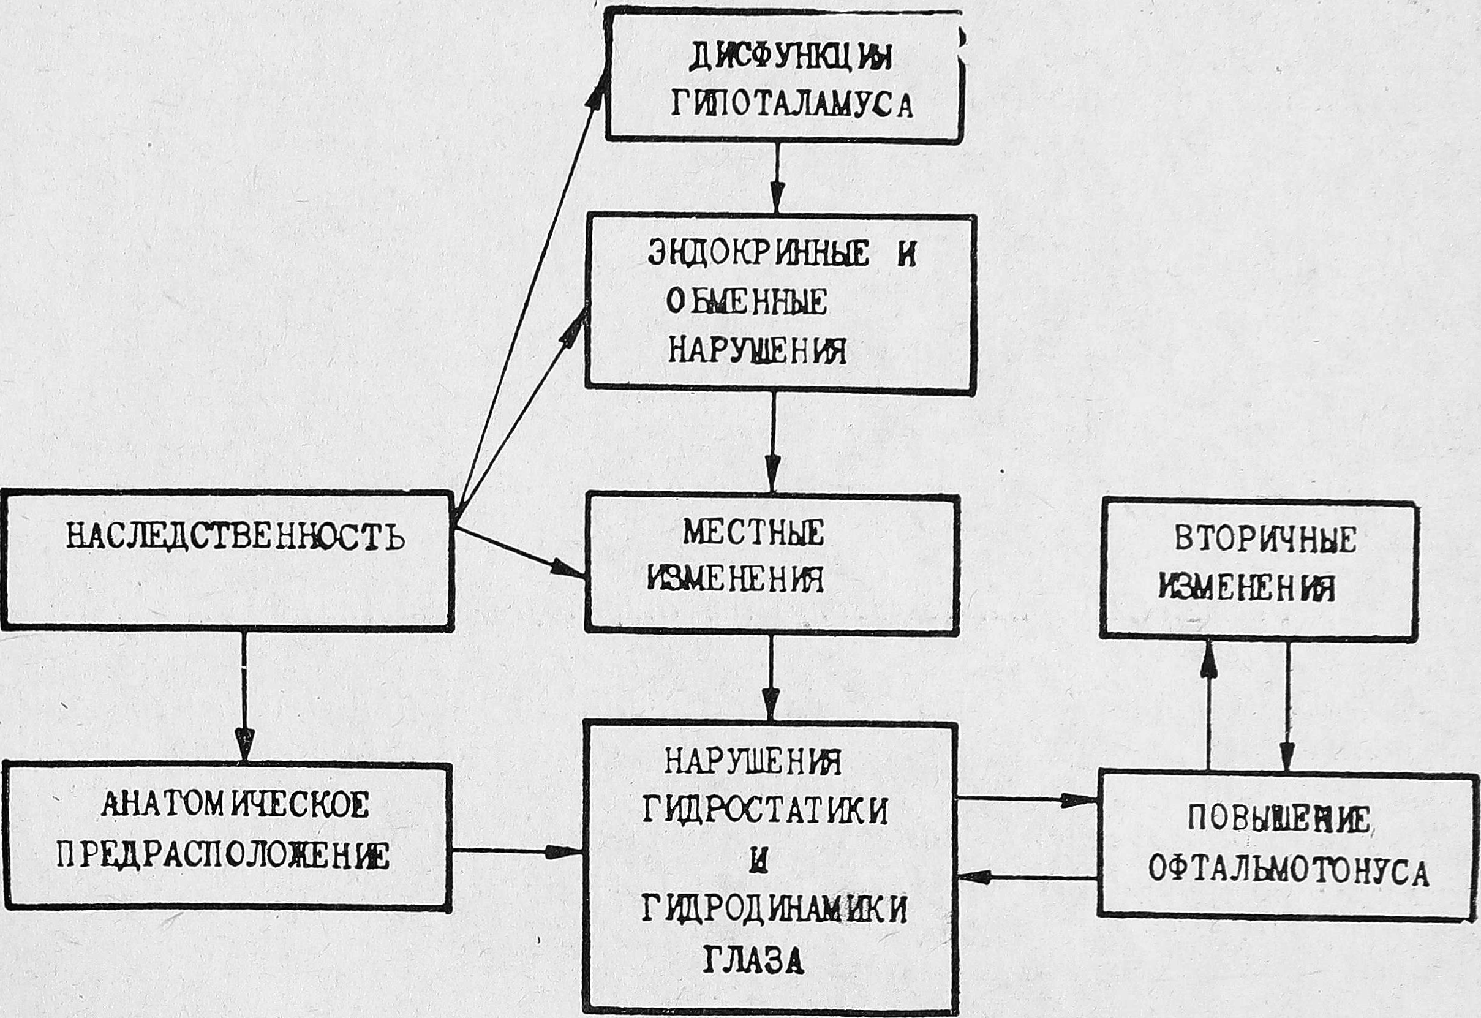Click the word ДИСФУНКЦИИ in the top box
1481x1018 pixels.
[x=791, y=59]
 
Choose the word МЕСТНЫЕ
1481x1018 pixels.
[x=753, y=534]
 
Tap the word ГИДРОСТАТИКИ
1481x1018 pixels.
[x=766, y=811]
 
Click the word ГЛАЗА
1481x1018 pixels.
[x=753, y=960]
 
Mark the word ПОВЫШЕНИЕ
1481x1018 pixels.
[x=1279, y=820]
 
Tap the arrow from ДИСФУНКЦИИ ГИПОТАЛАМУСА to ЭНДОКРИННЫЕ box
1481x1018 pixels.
[x=776, y=179]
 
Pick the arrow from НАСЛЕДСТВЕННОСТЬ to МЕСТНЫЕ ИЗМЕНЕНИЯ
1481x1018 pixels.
[x=520, y=552]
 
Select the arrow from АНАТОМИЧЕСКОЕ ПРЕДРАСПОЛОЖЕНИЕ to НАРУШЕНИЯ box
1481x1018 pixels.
[x=516, y=851]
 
